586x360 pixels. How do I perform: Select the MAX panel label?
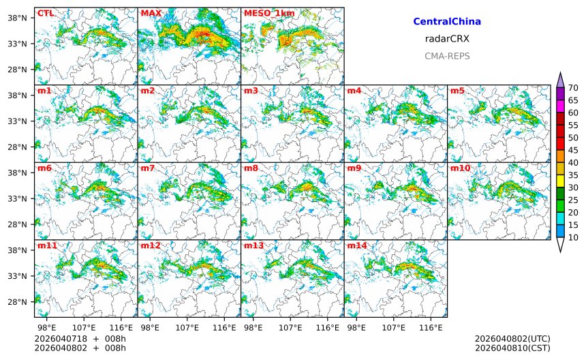click(x=151, y=13)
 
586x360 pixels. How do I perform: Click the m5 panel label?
click(x=457, y=91)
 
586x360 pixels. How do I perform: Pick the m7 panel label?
click(x=149, y=168)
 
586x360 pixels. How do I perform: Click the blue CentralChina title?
click(x=447, y=22)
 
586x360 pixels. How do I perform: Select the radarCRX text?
click(x=447, y=39)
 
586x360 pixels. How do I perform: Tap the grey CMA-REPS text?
click(x=447, y=56)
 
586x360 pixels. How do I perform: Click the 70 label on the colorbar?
click(x=573, y=87)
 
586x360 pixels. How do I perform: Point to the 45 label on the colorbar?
click(x=573, y=150)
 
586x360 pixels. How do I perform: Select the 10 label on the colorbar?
click(x=573, y=237)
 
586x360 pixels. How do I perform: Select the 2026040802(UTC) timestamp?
click(x=512, y=339)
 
